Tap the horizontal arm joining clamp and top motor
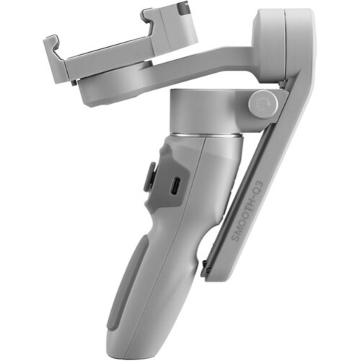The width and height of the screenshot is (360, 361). click(216, 61)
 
